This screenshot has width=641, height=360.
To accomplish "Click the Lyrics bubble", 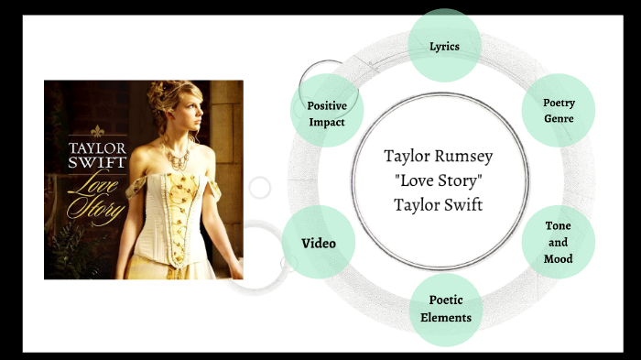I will (444, 45).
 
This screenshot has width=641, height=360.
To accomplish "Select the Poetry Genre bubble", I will (559, 111).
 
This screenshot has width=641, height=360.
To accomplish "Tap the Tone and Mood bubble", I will (559, 243).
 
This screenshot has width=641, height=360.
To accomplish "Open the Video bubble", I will (319, 243).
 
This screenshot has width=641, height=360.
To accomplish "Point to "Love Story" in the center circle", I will (438, 180).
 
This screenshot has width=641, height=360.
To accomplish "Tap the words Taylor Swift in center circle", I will (438, 204).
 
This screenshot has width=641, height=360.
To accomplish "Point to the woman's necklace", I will (176, 157).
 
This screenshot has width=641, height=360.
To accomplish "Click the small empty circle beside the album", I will (260, 188).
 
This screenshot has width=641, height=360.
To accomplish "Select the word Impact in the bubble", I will (327, 122).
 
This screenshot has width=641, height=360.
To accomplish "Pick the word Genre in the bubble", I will (559, 119).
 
